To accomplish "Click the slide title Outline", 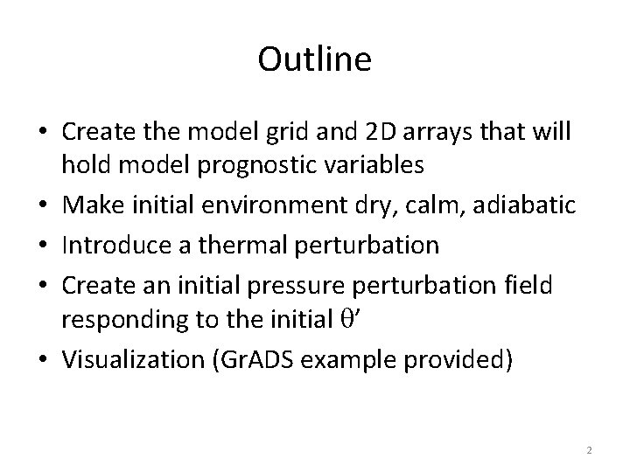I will point(315,59).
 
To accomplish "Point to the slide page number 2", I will point(589,450).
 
